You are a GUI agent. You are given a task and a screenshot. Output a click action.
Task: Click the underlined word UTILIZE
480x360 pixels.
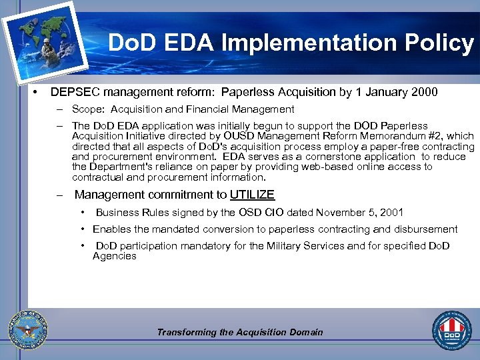point(252,195)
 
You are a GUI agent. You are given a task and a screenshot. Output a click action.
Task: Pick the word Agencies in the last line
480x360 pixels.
point(114,256)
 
